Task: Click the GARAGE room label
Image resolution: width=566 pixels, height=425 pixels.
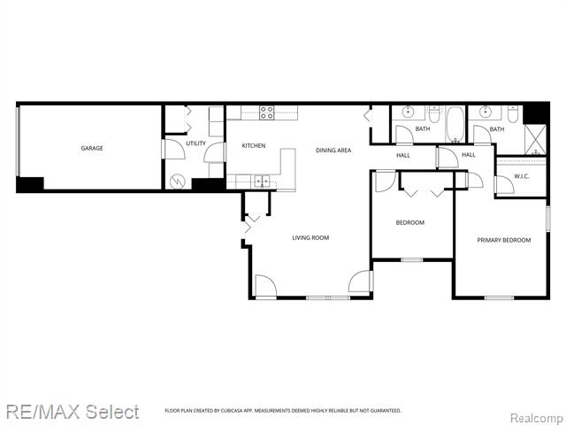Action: click(92, 148)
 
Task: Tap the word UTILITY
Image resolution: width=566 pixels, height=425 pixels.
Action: click(195, 143)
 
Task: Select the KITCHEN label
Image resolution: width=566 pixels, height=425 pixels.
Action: click(254, 145)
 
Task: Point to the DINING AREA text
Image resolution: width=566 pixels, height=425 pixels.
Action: click(333, 150)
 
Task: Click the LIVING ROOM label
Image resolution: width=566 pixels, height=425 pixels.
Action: click(310, 237)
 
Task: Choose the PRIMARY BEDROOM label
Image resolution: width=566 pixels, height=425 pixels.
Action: click(503, 240)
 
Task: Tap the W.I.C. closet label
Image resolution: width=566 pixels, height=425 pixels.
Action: click(521, 176)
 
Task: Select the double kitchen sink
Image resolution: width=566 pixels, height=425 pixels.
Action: click(262, 182)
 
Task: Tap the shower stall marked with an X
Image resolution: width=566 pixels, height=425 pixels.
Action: click(536, 140)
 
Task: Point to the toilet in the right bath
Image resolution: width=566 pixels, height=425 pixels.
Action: click(512, 113)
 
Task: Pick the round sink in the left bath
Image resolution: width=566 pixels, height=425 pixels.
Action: click(408, 112)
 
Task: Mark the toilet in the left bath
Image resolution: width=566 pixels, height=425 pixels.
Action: click(434, 113)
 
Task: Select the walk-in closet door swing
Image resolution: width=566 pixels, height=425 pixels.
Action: click(475, 179)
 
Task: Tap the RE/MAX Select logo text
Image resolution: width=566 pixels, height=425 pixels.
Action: click(71, 412)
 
